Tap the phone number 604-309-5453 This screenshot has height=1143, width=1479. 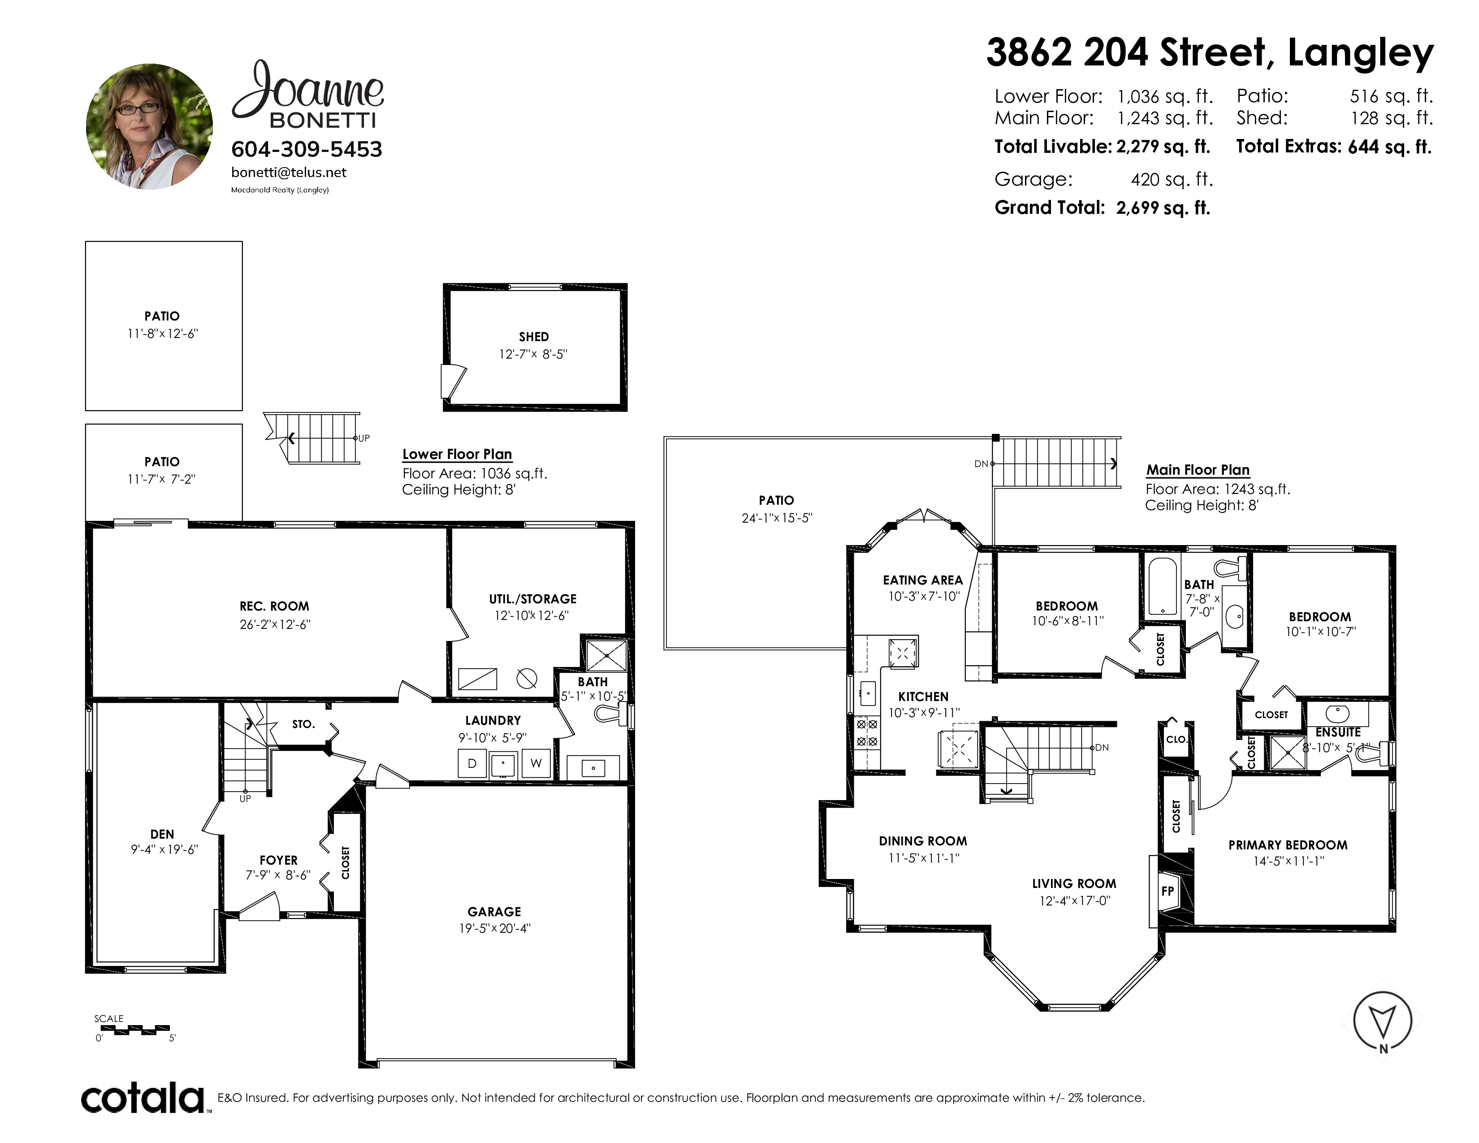click(307, 149)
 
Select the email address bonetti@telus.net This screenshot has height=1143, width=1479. click(289, 173)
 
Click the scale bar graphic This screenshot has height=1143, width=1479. click(132, 1030)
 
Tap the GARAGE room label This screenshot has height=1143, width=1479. click(494, 912)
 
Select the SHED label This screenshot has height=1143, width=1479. click(534, 337)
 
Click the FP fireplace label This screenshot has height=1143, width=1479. click(1168, 891)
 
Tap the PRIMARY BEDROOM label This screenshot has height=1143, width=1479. click(1288, 845)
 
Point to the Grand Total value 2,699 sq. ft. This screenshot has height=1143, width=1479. click(1163, 208)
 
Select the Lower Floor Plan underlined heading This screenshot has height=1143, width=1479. click(457, 455)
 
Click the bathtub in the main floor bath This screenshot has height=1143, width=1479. click(1163, 586)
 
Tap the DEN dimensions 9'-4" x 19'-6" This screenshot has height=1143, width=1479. click(164, 849)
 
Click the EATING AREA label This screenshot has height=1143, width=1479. click(923, 580)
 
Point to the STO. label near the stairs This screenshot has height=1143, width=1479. click(303, 724)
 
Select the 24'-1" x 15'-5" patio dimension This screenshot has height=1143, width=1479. click(777, 518)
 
